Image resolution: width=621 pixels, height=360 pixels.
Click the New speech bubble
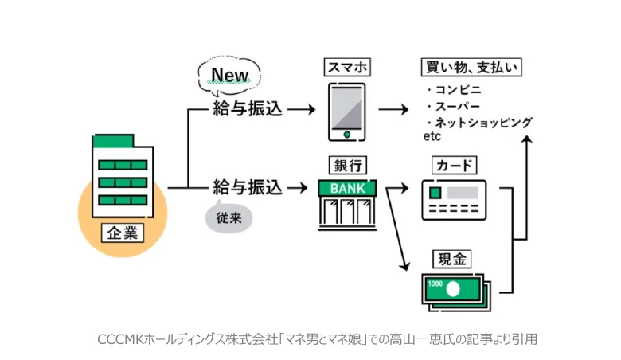229,76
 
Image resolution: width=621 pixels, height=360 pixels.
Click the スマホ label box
348,68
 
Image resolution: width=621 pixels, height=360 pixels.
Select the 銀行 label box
348,166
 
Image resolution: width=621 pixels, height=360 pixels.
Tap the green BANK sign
347,189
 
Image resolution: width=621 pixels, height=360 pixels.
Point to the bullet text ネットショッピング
480,123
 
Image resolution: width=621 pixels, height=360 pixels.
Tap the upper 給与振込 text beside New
248,108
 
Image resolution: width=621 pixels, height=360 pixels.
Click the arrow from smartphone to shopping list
393,109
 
